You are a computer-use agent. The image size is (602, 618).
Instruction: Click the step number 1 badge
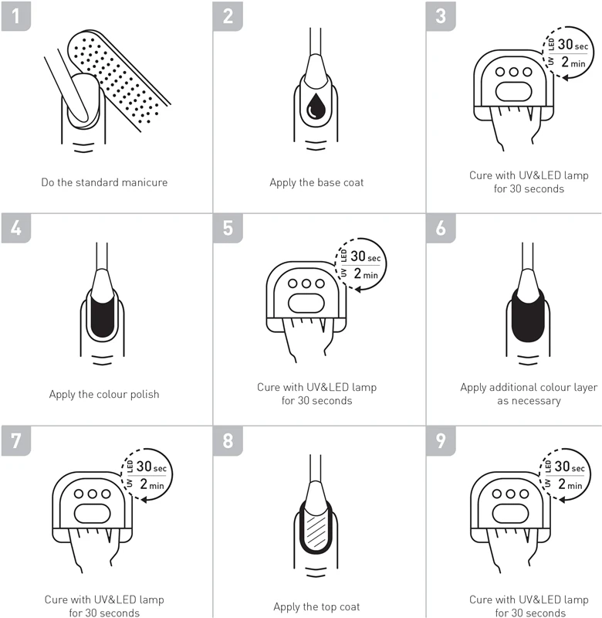(15, 16)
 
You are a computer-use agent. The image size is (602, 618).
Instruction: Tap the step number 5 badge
(228, 228)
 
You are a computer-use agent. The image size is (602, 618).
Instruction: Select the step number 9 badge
(441, 440)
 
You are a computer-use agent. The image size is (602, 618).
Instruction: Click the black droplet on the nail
(316, 106)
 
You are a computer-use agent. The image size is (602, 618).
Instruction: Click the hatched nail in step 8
(316, 530)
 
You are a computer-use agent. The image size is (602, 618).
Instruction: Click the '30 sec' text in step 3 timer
(573, 45)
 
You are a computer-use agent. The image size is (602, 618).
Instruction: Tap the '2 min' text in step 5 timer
(366, 273)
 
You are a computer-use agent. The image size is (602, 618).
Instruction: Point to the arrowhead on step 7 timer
(144, 500)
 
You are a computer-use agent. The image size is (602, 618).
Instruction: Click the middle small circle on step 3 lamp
(513, 72)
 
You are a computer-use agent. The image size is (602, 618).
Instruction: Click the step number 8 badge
(228, 440)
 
